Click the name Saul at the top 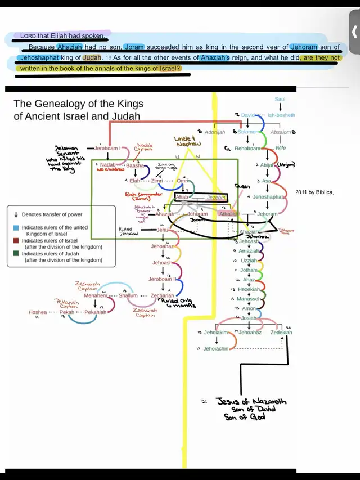click(x=280, y=99)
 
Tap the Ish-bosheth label click(x=281, y=115)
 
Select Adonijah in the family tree click(x=214, y=132)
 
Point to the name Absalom click(x=280, y=132)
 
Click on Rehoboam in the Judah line click(x=247, y=149)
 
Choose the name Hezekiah click(x=249, y=289)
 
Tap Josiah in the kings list click(x=249, y=318)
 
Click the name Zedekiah click(x=281, y=333)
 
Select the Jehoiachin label click(x=216, y=349)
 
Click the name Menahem click(x=95, y=295)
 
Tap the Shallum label click(x=128, y=295)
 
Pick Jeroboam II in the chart click(x=163, y=279)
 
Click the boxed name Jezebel click(x=216, y=198)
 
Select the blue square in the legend click(x=17, y=227)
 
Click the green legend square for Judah click(x=17, y=254)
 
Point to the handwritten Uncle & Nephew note click(x=188, y=141)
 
